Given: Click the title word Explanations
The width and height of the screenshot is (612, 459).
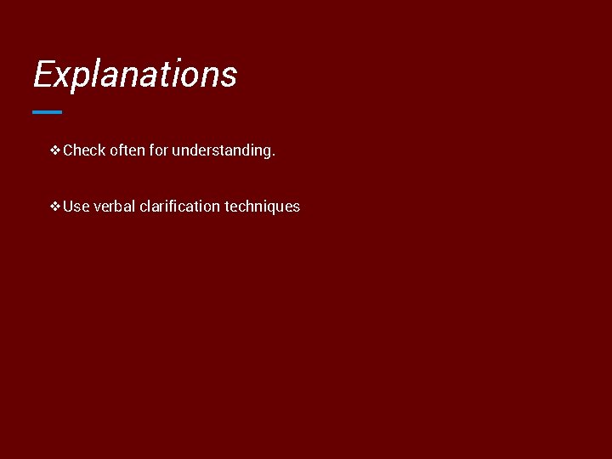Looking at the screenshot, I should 134,74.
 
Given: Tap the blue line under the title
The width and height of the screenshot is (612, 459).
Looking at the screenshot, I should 47,111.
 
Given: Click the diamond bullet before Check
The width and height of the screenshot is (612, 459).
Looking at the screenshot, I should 55,150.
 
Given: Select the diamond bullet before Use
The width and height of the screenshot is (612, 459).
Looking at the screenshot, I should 55,206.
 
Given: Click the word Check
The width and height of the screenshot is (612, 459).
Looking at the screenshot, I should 84,150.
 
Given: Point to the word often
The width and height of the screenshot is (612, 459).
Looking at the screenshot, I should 127,150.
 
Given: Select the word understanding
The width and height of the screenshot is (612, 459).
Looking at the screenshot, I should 221,151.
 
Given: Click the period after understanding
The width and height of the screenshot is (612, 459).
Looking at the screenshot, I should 273,155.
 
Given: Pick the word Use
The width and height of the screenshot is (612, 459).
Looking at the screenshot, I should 76,206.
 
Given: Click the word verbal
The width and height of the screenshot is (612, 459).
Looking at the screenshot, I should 114,206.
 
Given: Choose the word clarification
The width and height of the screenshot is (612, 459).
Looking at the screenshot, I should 179,206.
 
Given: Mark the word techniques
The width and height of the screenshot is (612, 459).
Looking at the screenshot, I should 262,207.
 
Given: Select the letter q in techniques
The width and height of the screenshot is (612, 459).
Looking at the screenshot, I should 267,208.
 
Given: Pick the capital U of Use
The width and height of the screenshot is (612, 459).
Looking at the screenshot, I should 69,206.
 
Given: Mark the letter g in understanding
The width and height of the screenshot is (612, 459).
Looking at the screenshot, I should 267,152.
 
